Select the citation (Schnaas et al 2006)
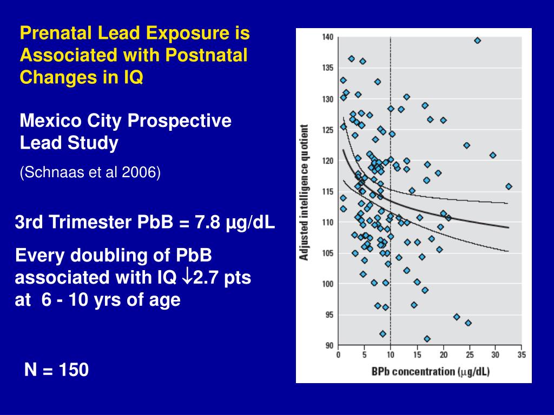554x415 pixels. click(90, 172)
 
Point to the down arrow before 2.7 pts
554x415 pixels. click(186, 278)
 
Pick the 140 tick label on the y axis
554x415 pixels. click(327, 37)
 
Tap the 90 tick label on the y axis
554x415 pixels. click(329, 345)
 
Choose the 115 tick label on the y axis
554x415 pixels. click(327, 191)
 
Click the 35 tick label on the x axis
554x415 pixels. click(521, 355)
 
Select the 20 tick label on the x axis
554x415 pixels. click(443, 355)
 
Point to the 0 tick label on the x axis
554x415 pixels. click(338, 355)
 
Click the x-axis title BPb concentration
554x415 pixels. click(413, 371)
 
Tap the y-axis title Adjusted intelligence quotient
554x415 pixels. click(305, 192)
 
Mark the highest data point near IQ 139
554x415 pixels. click(477, 41)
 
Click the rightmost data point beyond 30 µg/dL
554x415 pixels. click(509, 186)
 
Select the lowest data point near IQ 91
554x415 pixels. click(427, 339)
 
